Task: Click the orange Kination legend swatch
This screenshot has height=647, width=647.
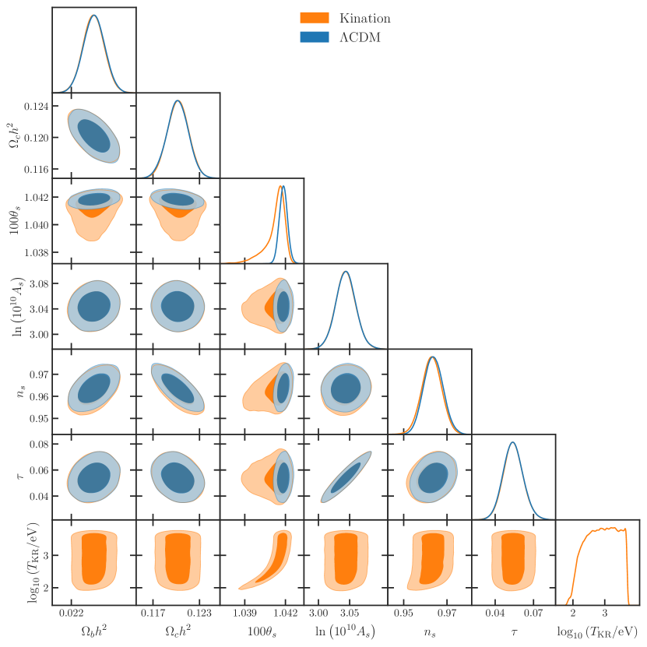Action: pos(315,17)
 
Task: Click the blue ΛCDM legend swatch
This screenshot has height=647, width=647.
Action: pos(315,37)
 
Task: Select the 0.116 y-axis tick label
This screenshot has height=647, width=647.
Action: pos(35,169)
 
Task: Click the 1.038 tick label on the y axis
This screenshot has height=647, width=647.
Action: pos(35,252)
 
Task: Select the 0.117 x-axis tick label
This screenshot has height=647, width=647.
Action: pos(152,613)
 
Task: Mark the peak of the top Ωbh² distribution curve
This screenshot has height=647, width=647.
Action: pos(93,16)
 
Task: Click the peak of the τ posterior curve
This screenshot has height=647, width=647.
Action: pos(512,442)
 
